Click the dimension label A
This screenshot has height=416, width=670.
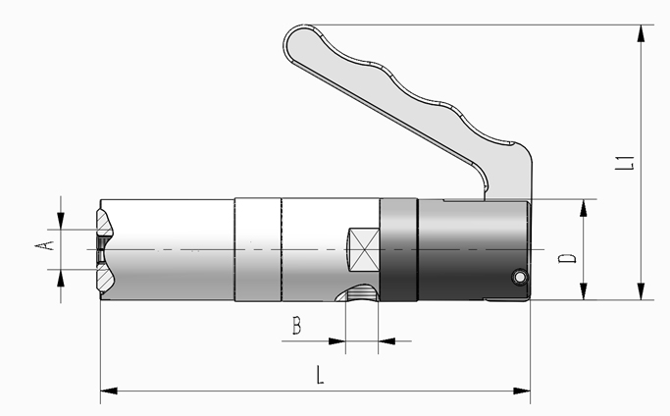click(44, 245)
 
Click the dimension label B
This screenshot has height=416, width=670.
click(296, 326)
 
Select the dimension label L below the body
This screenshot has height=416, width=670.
click(320, 375)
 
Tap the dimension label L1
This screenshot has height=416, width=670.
click(625, 163)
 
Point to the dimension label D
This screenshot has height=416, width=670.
click(567, 258)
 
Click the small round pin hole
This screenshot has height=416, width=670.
click(520, 278)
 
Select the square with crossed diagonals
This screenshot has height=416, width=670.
click(364, 249)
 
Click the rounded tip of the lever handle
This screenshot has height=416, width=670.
click(289, 41)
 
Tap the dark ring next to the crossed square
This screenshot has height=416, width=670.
click(398, 249)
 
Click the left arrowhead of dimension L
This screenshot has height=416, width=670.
click(109, 390)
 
